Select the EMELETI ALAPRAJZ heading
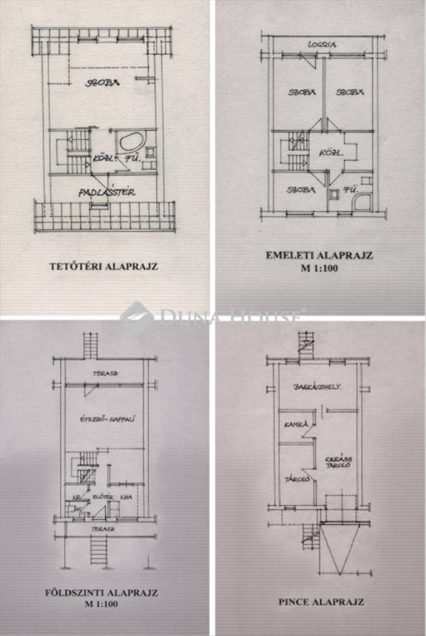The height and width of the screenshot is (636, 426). click(319, 256)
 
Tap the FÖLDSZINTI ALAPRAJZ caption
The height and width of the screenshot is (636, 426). click(105, 593)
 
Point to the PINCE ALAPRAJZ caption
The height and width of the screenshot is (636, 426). click(321, 600)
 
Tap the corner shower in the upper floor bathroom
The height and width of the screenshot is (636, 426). click(363, 202)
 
